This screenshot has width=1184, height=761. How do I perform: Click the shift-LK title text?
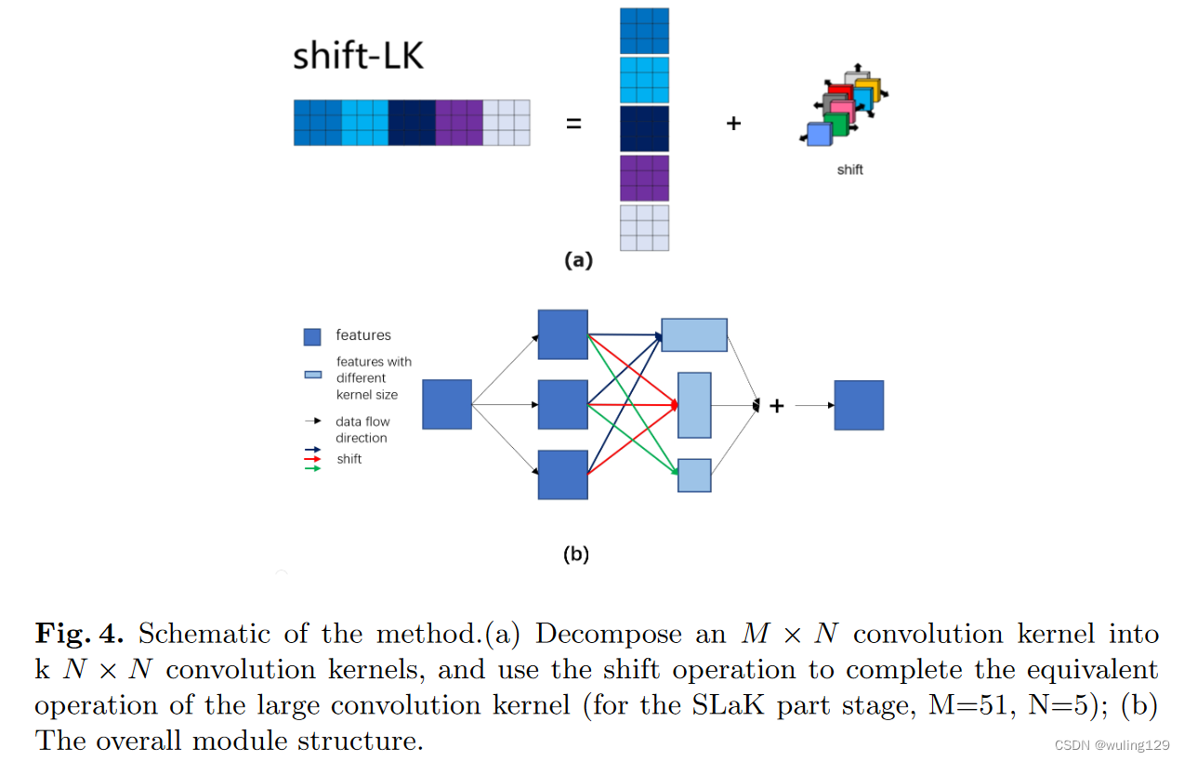pos(358,56)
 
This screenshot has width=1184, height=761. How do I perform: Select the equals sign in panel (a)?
pos(573,123)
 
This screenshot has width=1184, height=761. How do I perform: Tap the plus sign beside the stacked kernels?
pos(733,123)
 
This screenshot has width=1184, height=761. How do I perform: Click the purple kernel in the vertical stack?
pos(644,177)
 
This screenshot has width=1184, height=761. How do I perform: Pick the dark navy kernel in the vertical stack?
pos(644,128)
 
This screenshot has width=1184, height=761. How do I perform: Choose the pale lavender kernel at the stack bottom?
pos(644,228)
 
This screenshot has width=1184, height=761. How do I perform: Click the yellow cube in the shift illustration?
pos(868,89)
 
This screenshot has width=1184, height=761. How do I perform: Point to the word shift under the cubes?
pos(849,170)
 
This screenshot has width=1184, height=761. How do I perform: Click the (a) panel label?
pos(578,261)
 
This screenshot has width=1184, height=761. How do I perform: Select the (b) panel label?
pos(576,555)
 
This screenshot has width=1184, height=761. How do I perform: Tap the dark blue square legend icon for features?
pos(312,336)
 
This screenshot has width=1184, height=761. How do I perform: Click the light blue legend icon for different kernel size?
pos(313,374)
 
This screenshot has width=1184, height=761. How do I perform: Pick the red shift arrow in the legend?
pos(312,459)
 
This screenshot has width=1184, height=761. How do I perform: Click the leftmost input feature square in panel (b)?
pos(447,404)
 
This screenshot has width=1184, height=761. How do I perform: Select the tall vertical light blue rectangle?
pos(694,405)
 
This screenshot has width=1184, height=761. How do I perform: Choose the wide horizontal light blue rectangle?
pos(694,335)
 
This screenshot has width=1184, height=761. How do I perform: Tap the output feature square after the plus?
pos(859,405)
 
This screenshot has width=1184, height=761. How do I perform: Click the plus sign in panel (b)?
pos(777,406)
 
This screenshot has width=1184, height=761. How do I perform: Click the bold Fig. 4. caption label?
pos(80,635)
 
